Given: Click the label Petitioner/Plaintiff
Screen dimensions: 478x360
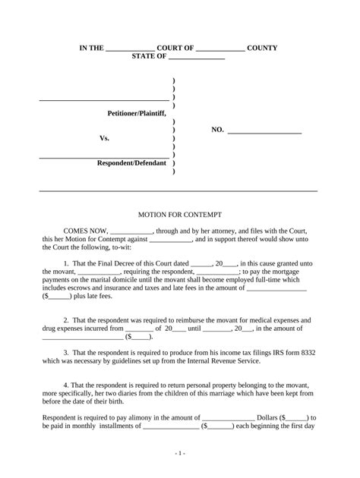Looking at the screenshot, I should (x=136, y=113).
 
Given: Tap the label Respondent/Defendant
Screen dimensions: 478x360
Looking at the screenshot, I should (x=131, y=164).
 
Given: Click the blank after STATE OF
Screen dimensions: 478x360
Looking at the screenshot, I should (x=195, y=57).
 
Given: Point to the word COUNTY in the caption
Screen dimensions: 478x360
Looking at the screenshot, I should (x=262, y=48).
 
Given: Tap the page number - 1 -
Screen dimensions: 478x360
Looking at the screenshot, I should (x=179, y=452).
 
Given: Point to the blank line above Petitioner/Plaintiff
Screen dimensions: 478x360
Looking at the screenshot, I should (x=104, y=99).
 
